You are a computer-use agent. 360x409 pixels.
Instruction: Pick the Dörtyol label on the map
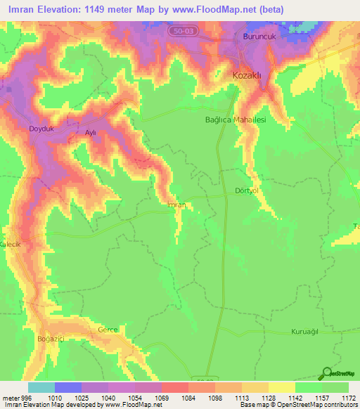pyautogui.click(x=247, y=191)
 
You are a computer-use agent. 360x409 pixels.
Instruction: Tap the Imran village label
pyautogui.click(x=176, y=204)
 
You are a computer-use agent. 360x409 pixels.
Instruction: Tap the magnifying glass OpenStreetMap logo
pyautogui.click(x=327, y=373)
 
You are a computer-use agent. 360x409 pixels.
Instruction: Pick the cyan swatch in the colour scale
pyautogui.click(x=41, y=387)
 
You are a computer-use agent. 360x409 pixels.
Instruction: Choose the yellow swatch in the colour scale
pyautogui.click(x=282, y=387)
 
